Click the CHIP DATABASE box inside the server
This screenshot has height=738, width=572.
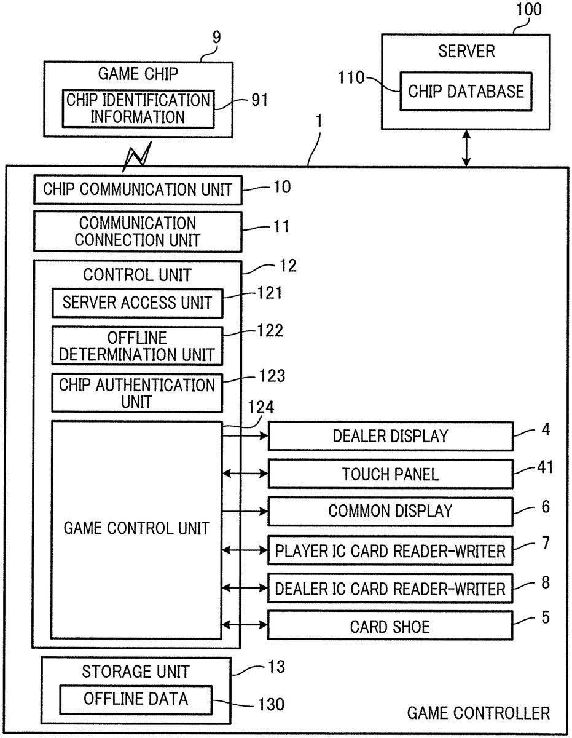point(466,92)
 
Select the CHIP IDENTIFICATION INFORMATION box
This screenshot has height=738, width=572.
point(138,108)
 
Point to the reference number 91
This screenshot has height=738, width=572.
point(260,100)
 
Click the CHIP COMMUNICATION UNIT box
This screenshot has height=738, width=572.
point(138,189)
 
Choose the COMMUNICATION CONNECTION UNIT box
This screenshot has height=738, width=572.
point(138,232)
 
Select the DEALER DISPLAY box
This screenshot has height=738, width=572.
point(390,436)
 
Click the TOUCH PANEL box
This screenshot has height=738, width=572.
point(390,474)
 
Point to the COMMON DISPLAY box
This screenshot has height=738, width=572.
point(390,510)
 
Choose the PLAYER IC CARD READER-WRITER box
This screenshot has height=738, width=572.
point(390,550)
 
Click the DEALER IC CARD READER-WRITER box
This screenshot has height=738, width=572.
point(390,589)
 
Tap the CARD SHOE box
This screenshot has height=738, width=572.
point(390,627)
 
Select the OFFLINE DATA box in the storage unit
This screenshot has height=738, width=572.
point(136,699)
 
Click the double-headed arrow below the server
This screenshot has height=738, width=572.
point(466,148)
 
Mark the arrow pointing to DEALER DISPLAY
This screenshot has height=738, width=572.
point(246,436)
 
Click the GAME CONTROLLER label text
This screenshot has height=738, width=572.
point(479,713)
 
